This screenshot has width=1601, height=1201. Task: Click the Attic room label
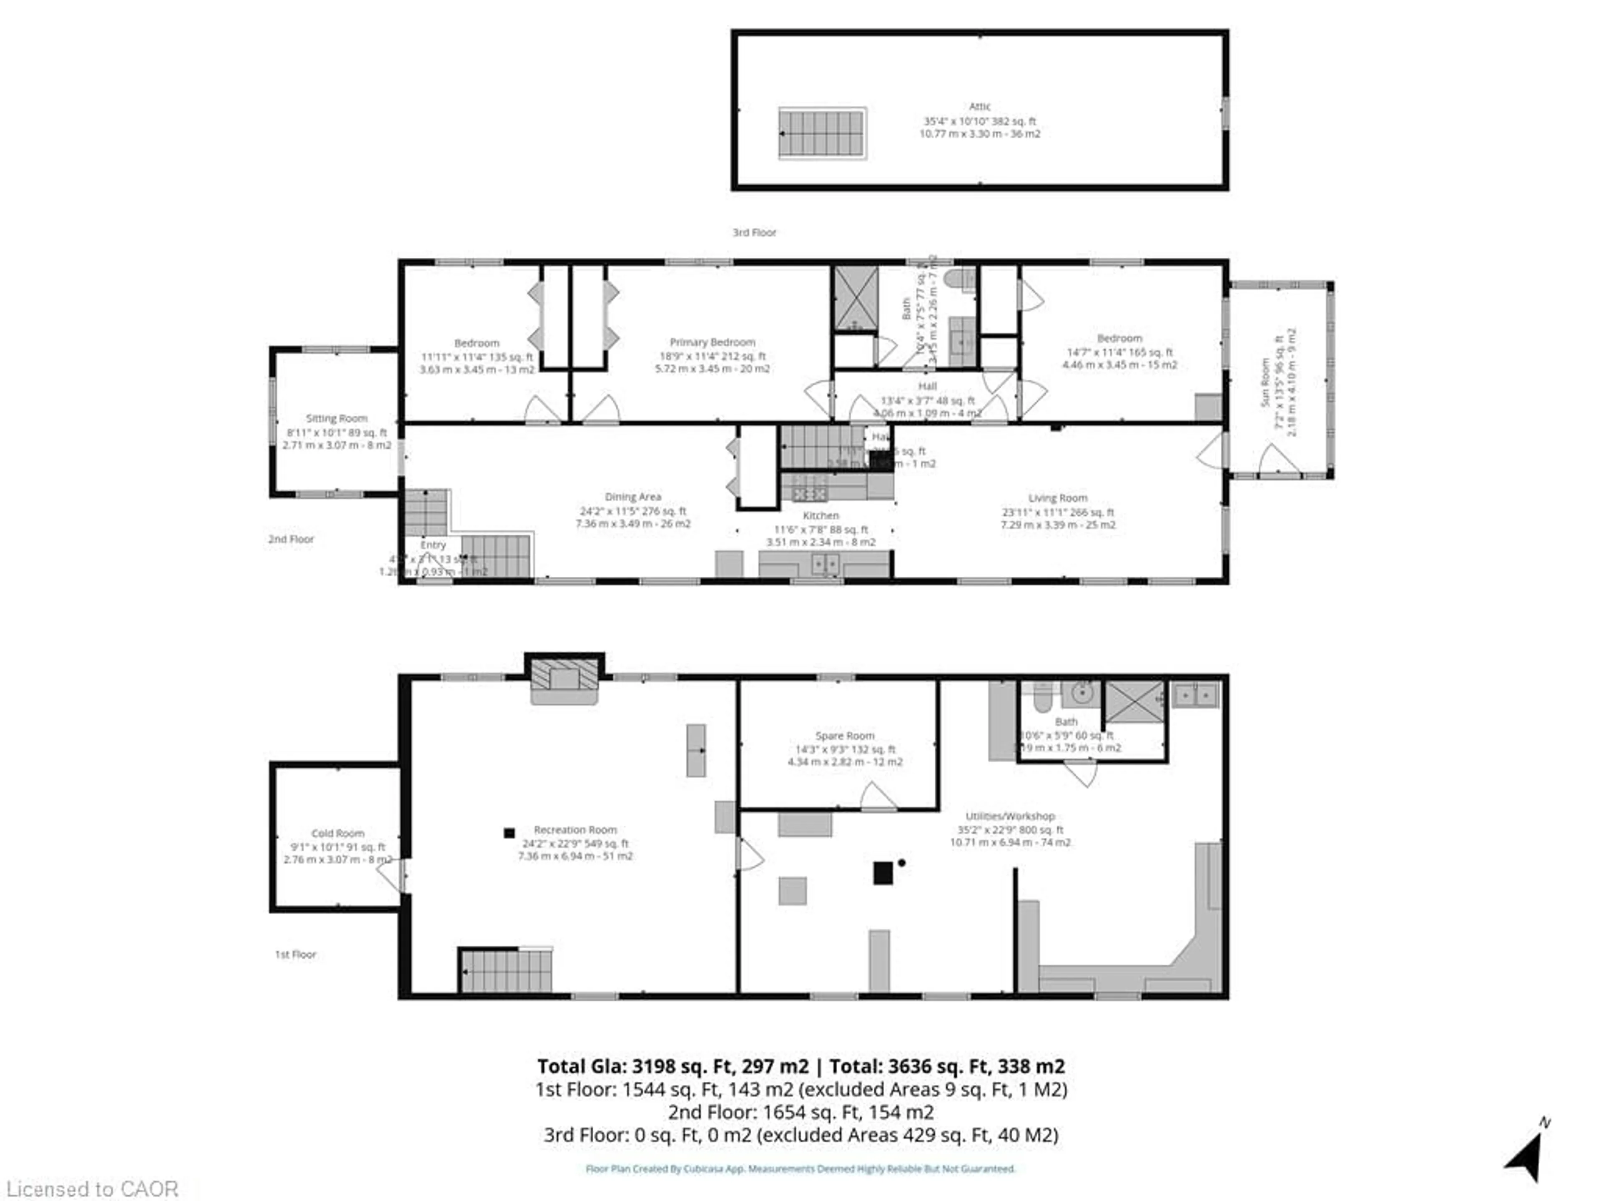[979, 106]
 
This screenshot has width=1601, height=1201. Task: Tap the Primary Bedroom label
[712, 342]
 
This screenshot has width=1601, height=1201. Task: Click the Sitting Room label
[336, 418]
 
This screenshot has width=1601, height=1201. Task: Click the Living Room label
[1057, 498]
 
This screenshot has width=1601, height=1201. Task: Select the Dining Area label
[632, 497]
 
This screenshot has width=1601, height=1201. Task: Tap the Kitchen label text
[821, 515]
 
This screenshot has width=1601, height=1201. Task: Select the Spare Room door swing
[877, 796]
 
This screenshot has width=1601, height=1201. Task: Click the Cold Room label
[337, 833]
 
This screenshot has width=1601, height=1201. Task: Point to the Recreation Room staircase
[506, 970]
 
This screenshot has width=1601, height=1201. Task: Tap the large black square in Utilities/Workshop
[882, 873]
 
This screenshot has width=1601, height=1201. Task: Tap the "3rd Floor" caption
[754, 232]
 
